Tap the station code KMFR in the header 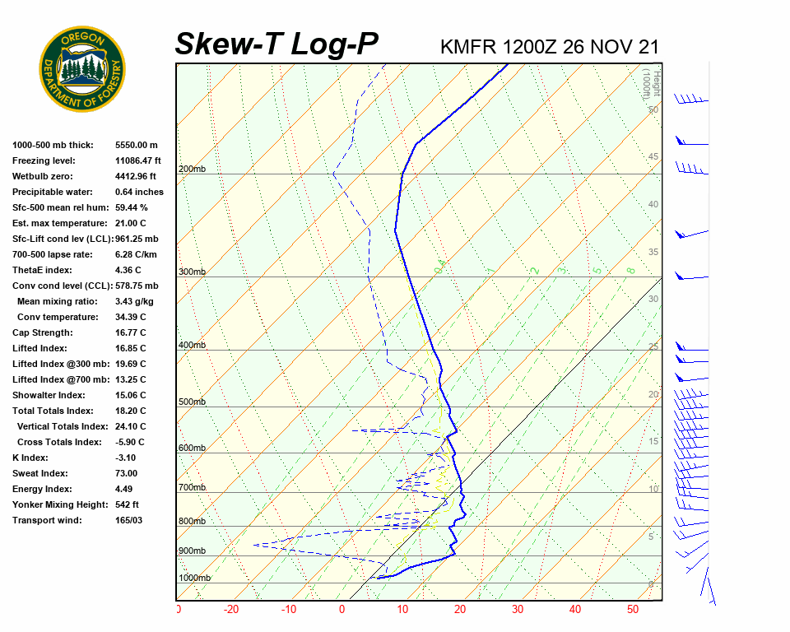tap(468, 46)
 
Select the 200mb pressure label tap(192, 170)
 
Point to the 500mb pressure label tap(192, 402)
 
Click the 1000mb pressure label tap(195, 579)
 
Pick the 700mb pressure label tap(192, 488)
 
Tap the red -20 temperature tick tap(230, 610)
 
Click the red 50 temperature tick tap(633, 610)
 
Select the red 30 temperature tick tap(518, 610)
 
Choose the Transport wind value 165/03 tap(129, 520)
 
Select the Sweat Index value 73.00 tap(127, 473)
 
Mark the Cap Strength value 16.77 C tap(131, 332)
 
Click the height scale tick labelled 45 tap(653, 157)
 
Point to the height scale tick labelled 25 tap(653, 346)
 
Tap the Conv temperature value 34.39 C tap(131, 317)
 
